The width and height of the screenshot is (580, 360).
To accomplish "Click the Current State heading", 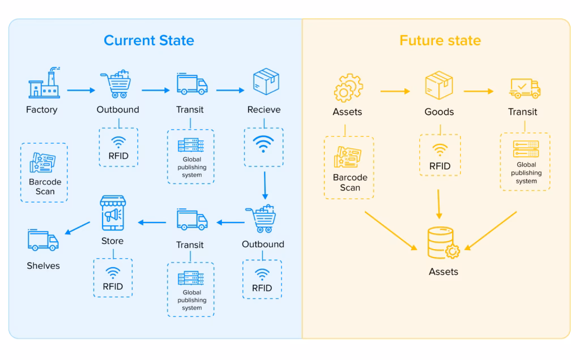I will pyautogui.click(x=149, y=41).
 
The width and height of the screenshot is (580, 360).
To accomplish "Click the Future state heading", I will pyautogui.click(x=440, y=41).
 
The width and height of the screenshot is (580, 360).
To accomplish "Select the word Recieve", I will pyautogui.click(x=264, y=109).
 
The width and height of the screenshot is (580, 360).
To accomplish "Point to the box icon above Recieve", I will pyautogui.click(x=265, y=82).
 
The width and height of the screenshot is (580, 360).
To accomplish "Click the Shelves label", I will pyautogui.click(x=43, y=265).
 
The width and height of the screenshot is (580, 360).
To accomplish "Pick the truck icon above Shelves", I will pyautogui.click(x=43, y=240).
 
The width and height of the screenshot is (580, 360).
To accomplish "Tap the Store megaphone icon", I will pyautogui.click(x=113, y=213).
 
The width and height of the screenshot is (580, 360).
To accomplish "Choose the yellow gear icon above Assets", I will pyautogui.click(x=347, y=87).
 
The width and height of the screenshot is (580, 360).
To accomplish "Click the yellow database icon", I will pyautogui.click(x=442, y=243).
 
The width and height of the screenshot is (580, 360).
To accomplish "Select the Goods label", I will pyautogui.click(x=439, y=112).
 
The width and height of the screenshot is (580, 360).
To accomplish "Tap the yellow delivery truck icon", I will pyautogui.click(x=524, y=87).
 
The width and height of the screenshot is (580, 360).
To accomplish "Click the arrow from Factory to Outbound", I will pyautogui.click(x=80, y=89).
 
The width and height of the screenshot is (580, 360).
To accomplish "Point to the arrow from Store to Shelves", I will pyautogui.click(x=78, y=228).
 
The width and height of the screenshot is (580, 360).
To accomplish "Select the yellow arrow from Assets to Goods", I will pyautogui.click(x=394, y=91).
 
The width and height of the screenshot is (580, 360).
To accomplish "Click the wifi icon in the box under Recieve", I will pyautogui.click(x=263, y=144).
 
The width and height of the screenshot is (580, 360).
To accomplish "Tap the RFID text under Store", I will pyautogui.click(x=113, y=286).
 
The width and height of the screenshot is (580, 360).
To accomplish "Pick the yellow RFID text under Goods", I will pyautogui.click(x=440, y=166).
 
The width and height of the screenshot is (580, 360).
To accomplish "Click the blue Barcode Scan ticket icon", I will pyautogui.click(x=43, y=164).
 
